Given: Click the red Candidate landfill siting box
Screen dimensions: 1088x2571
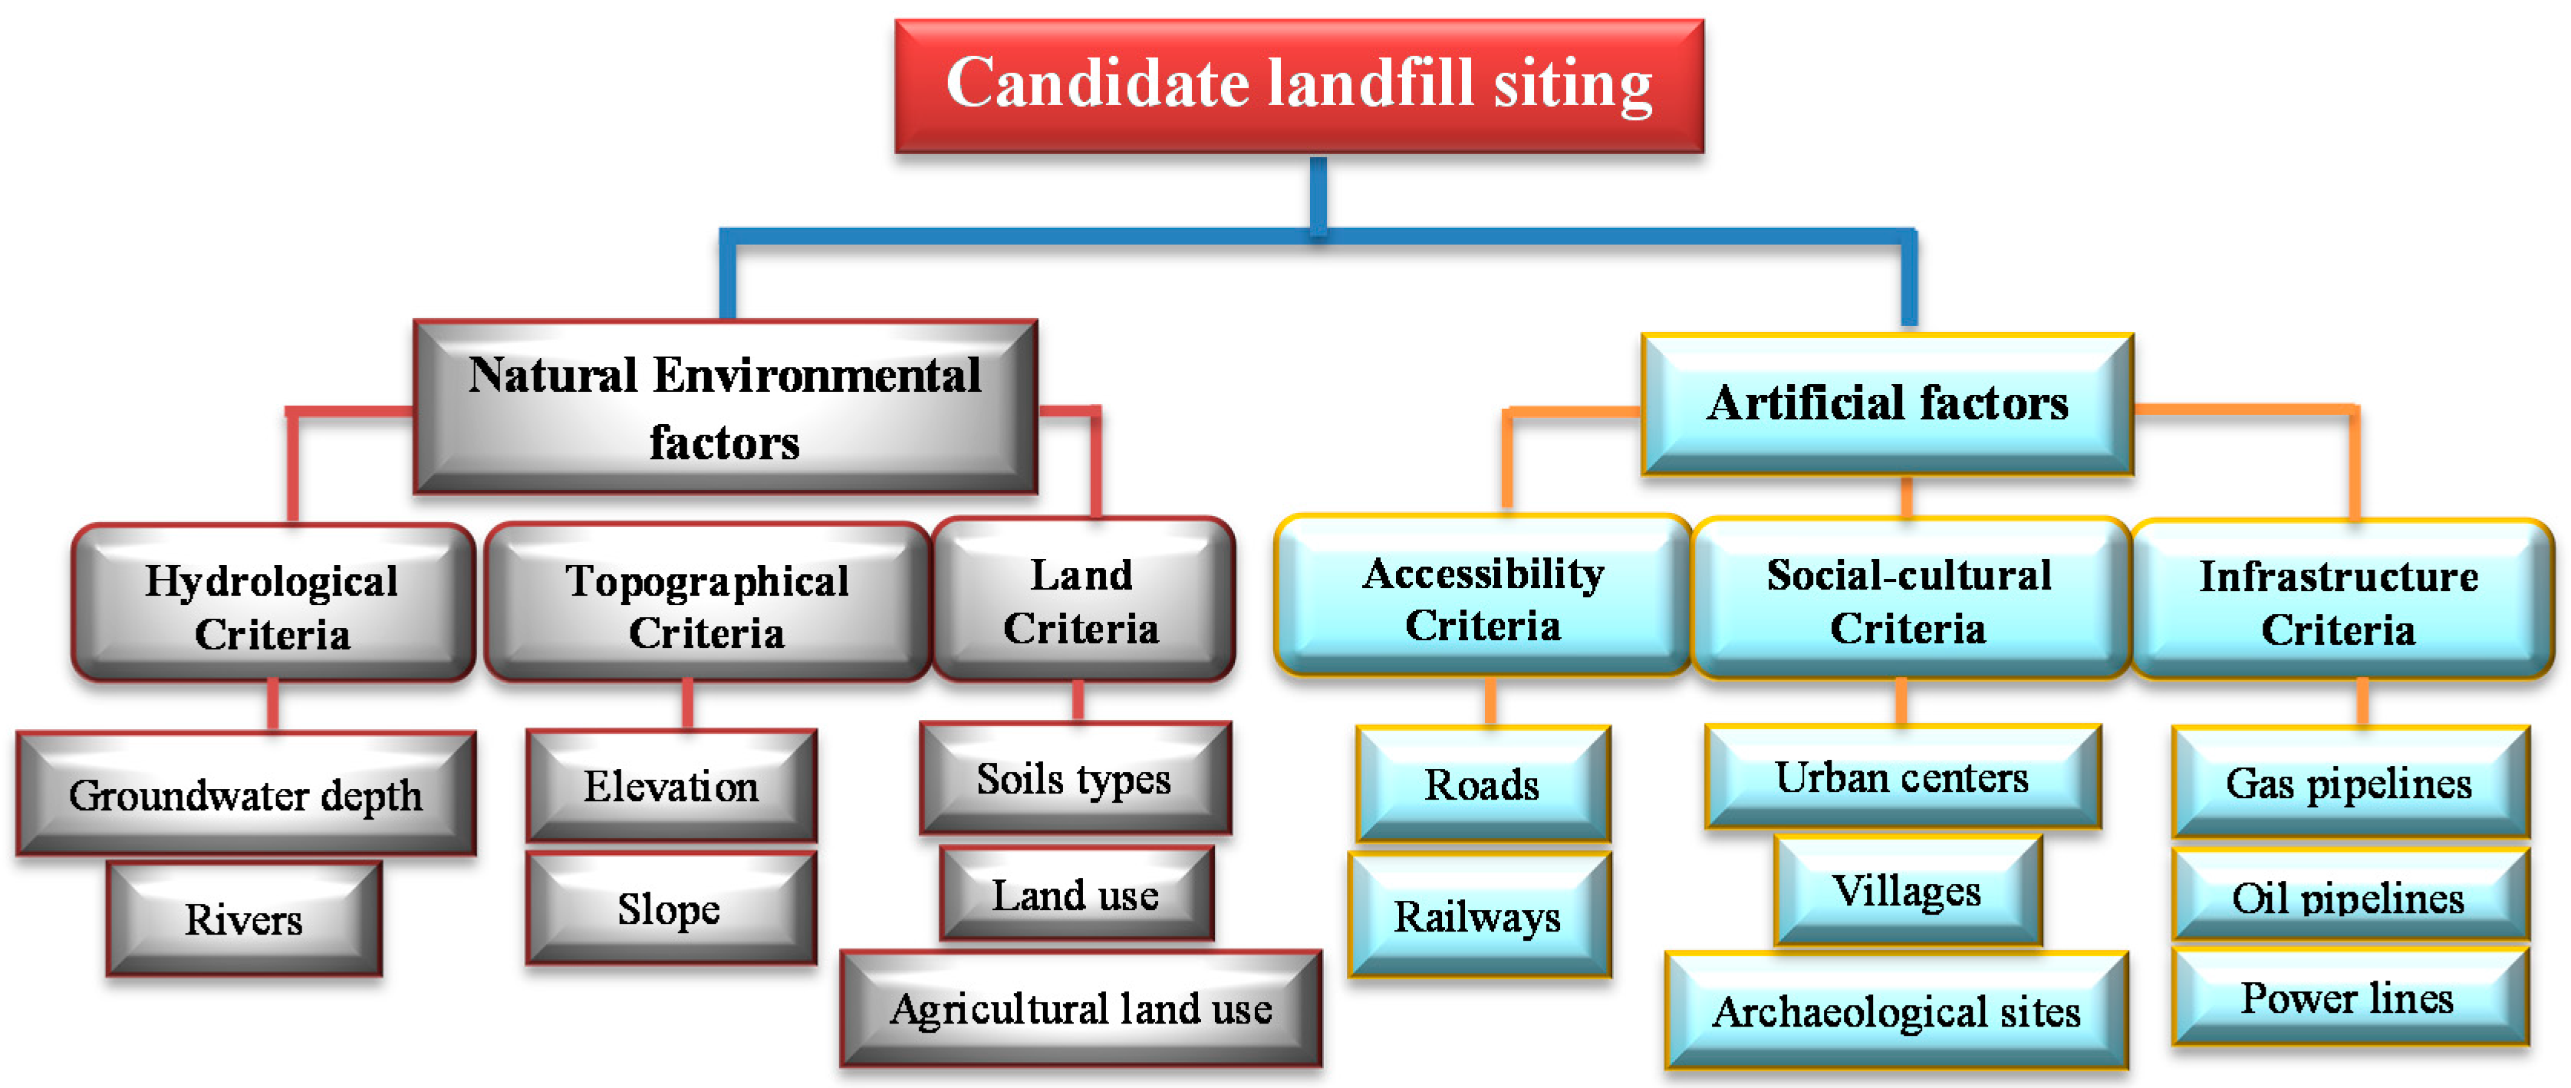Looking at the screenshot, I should (x=1299, y=86).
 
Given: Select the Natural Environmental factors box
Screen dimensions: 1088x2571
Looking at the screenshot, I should (x=726, y=407).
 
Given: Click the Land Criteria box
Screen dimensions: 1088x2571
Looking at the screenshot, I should (x=1083, y=601).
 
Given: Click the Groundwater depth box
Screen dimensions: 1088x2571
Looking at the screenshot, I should (x=245, y=794).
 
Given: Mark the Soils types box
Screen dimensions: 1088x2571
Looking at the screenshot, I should (x=1075, y=778).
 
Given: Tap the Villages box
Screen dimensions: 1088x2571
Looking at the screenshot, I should (x=1908, y=890).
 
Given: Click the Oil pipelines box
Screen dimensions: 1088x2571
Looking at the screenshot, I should (x=2349, y=897).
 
